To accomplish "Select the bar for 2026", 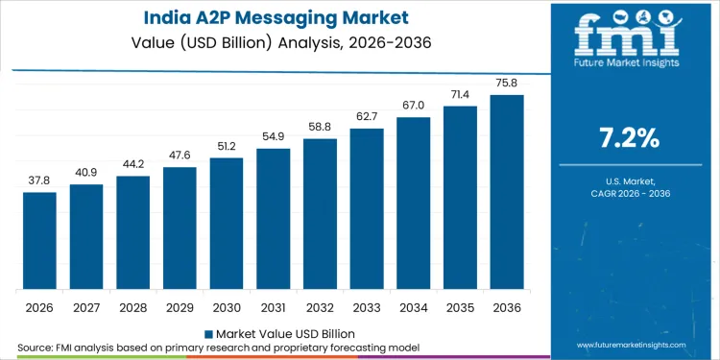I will click(x=40, y=241).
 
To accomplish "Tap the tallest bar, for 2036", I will click(x=507, y=192).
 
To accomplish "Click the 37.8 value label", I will click(x=40, y=180).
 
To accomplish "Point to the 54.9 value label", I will click(x=274, y=136).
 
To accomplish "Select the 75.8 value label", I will click(x=507, y=83).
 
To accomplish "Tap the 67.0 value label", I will click(x=414, y=105).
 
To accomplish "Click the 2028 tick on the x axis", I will click(x=133, y=308).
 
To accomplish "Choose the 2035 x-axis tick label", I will click(x=460, y=308).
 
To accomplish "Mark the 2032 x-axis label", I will click(x=320, y=308).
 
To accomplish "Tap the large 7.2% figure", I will click(x=629, y=137).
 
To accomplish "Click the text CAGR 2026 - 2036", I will click(x=629, y=195).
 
